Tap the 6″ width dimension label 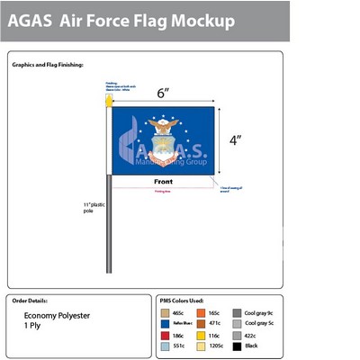coord(163,93)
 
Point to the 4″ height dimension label coord(234,139)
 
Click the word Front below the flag coord(163,182)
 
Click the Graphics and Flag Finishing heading coord(49,65)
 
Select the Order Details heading coord(31,299)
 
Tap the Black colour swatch coord(238,345)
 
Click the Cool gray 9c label coord(258,311)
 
